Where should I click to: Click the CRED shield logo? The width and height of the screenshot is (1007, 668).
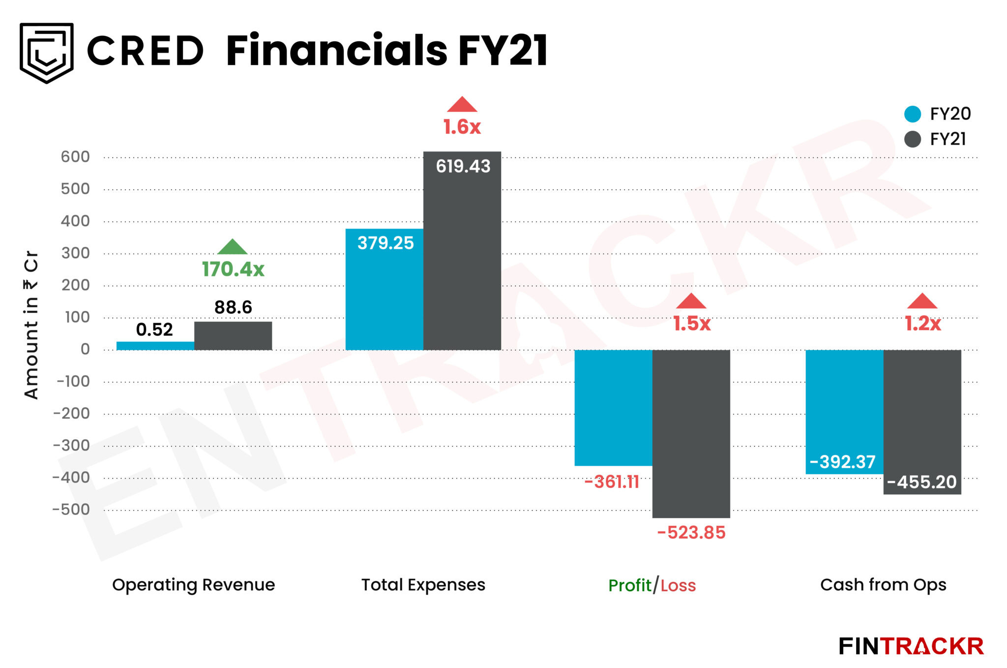click(x=47, y=53)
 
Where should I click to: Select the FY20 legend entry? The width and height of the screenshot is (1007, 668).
click(x=937, y=114)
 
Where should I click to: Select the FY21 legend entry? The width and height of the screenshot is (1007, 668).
click(x=935, y=139)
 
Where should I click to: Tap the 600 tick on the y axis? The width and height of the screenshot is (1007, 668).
click(x=75, y=157)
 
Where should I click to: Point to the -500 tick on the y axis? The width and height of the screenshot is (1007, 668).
click(x=72, y=509)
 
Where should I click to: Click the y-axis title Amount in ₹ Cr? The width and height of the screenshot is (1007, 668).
click(x=31, y=325)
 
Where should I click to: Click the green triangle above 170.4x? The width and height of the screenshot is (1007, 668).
click(x=233, y=247)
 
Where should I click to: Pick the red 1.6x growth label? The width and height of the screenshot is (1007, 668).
click(x=462, y=127)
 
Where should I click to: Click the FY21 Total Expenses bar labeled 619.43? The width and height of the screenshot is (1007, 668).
click(x=462, y=256)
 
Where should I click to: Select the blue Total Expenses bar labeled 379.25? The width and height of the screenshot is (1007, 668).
click(x=384, y=295)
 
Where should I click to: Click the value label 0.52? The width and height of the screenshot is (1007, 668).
click(x=154, y=330)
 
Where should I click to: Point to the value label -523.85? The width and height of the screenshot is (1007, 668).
click(x=691, y=533)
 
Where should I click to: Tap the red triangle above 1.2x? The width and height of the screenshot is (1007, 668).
click(x=922, y=302)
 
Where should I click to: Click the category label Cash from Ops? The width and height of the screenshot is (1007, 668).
click(x=883, y=585)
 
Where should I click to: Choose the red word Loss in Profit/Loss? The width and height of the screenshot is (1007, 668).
click(x=678, y=585)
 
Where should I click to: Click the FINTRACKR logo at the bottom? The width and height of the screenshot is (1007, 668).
click(x=911, y=646)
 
